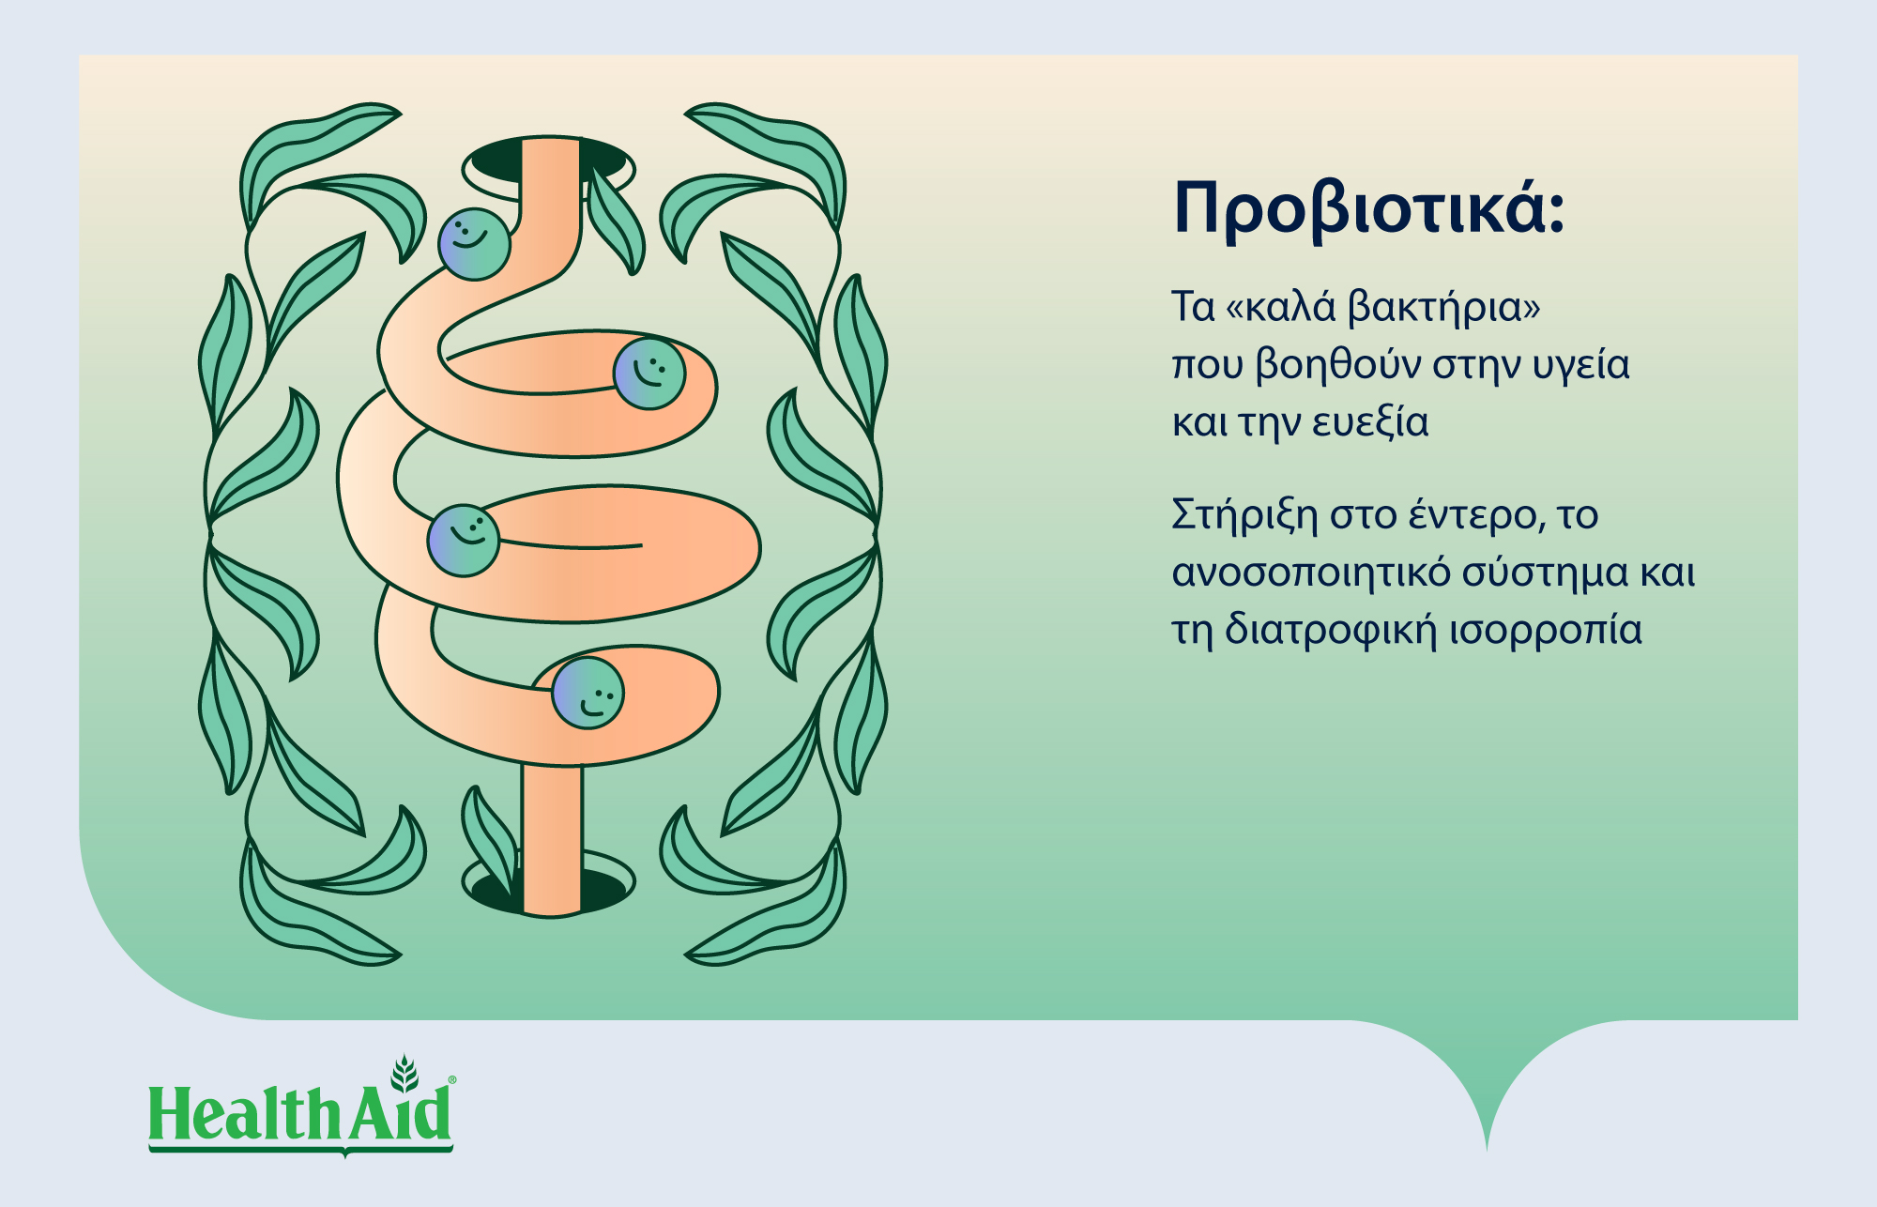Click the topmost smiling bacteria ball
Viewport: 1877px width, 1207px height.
[x=474, y=244]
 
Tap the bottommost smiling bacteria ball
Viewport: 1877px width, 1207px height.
[x=588, y=694]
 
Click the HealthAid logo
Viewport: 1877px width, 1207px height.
[x=301, y=1108]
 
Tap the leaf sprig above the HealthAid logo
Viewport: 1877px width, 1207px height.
[x=404, y=1074]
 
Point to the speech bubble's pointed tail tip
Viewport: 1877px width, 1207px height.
[x=1487, y=1150]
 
